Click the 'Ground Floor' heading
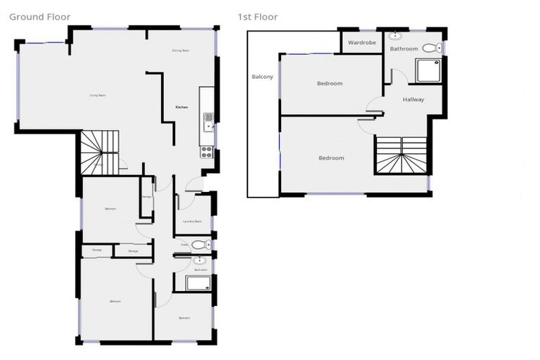pos(40,17)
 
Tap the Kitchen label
pos(181,107)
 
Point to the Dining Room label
pos(181,51)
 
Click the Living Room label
pos(97,95)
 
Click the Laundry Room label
pos(192,221)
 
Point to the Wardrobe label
pos(362,43)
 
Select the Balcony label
pos(262,77)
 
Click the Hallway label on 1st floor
pos(413,99)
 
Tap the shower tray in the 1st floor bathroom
pos(429,70)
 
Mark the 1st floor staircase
pos(401,155)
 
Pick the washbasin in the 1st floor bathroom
pos(395,35)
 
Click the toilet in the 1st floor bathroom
pos(437,48)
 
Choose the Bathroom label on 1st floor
pos(404,49)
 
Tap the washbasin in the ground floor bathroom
pos(198,261)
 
